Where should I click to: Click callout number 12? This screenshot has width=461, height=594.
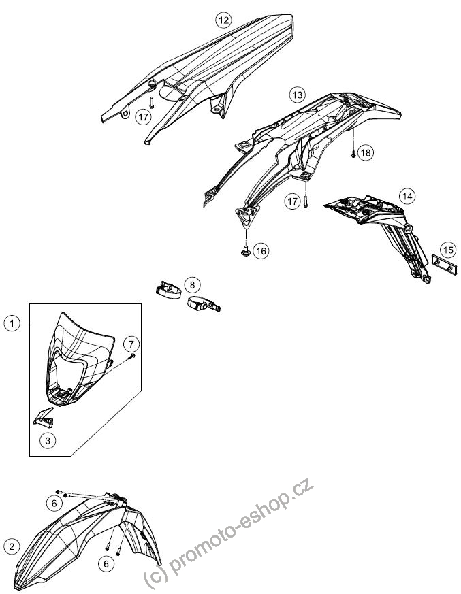[223, 20]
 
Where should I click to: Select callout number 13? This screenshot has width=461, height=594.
[297, 95]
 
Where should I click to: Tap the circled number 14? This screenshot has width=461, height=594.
[407, 196]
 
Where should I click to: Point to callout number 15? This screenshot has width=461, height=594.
[448, 250]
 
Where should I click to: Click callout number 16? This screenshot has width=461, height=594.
[261, 251]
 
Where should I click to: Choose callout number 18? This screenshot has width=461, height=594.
[366, 152]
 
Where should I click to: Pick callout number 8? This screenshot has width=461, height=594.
[192, 284]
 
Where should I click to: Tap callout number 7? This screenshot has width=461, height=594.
[131, 344]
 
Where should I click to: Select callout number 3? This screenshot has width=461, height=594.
[48, 441]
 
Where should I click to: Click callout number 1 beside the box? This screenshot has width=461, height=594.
[12, 323]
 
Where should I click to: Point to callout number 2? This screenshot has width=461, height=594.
[12, 546]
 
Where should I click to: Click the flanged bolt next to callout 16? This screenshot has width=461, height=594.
[245, 250]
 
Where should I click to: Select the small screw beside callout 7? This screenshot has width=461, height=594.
[132, 355]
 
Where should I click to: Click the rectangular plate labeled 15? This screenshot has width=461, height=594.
[443, 265]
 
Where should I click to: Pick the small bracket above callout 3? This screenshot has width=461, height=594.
[44, 416]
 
